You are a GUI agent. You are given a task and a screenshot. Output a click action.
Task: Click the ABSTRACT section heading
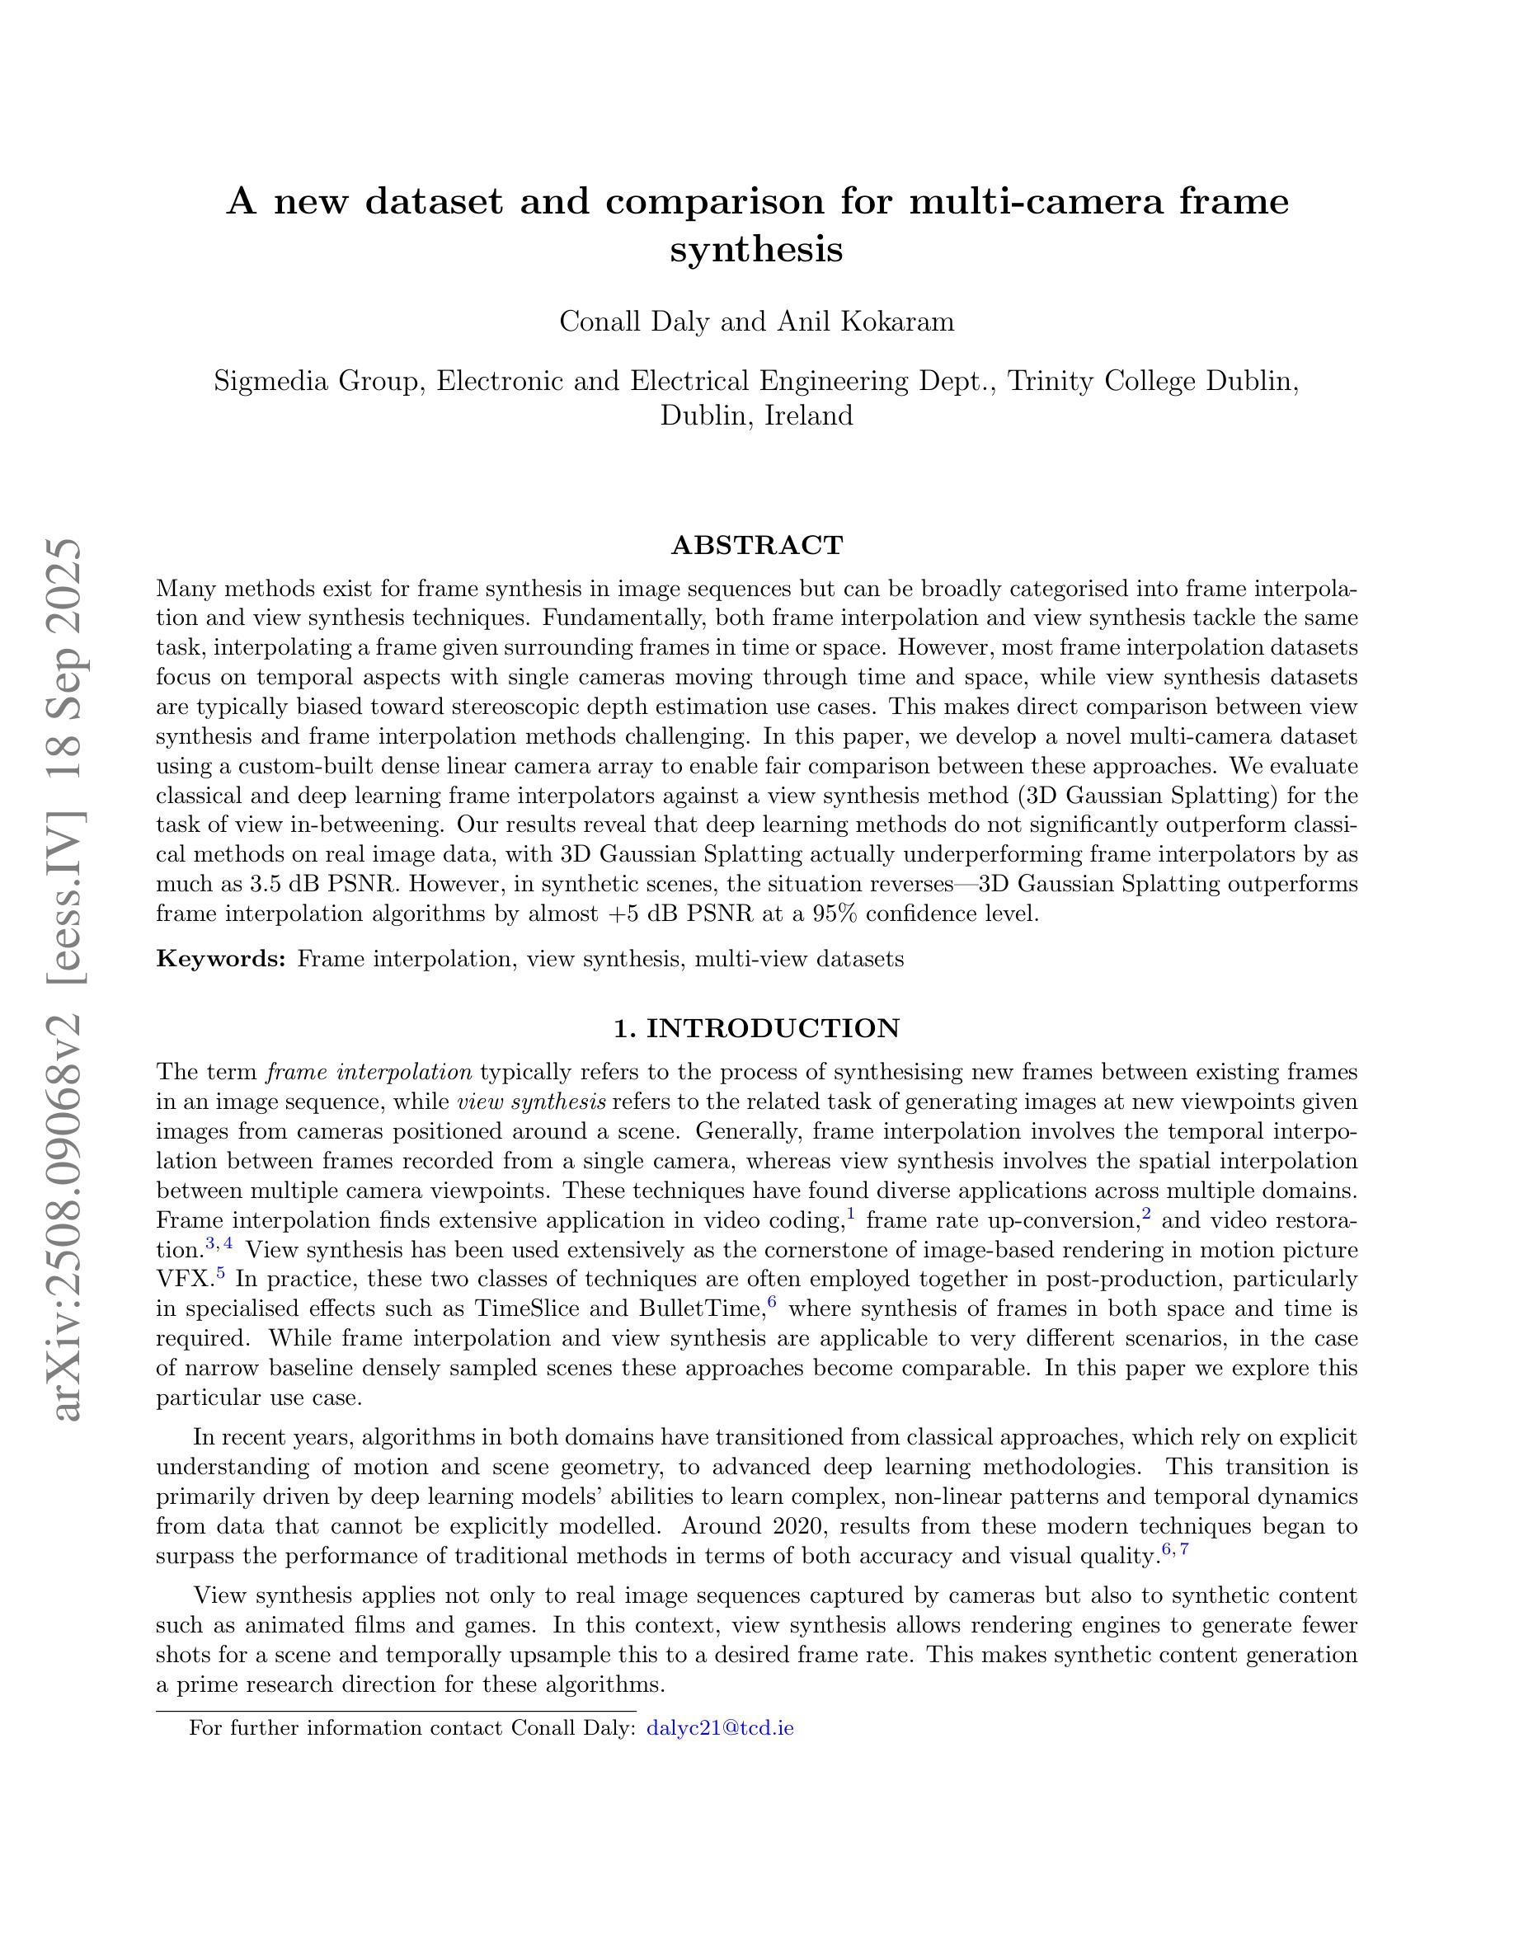click(x=757, y=545)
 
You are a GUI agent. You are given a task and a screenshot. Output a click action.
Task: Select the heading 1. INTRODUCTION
click(x=757, y=1028)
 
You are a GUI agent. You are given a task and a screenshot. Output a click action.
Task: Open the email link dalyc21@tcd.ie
click(x=719, y=1727)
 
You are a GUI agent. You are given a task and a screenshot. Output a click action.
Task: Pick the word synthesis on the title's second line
click(x=757, y=248)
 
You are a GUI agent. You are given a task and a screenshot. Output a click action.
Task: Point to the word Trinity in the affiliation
click(x=1051, y=381)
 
